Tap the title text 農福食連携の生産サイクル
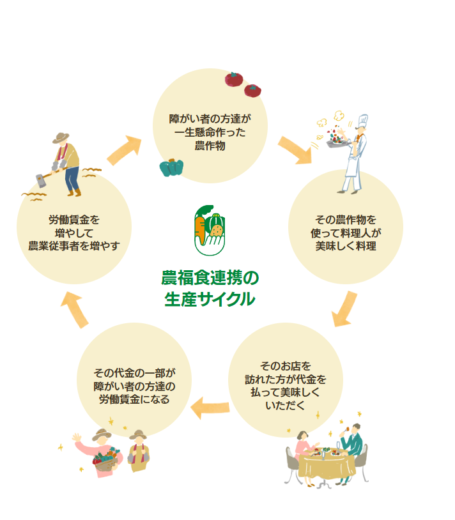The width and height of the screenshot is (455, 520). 210,287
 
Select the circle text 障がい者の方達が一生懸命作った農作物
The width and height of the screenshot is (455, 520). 210,132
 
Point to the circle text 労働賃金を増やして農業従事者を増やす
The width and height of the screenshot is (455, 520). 74,233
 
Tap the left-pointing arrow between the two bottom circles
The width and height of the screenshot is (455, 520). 211,405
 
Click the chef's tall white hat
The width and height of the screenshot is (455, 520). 362,121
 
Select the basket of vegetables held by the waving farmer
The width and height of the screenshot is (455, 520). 105,461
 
